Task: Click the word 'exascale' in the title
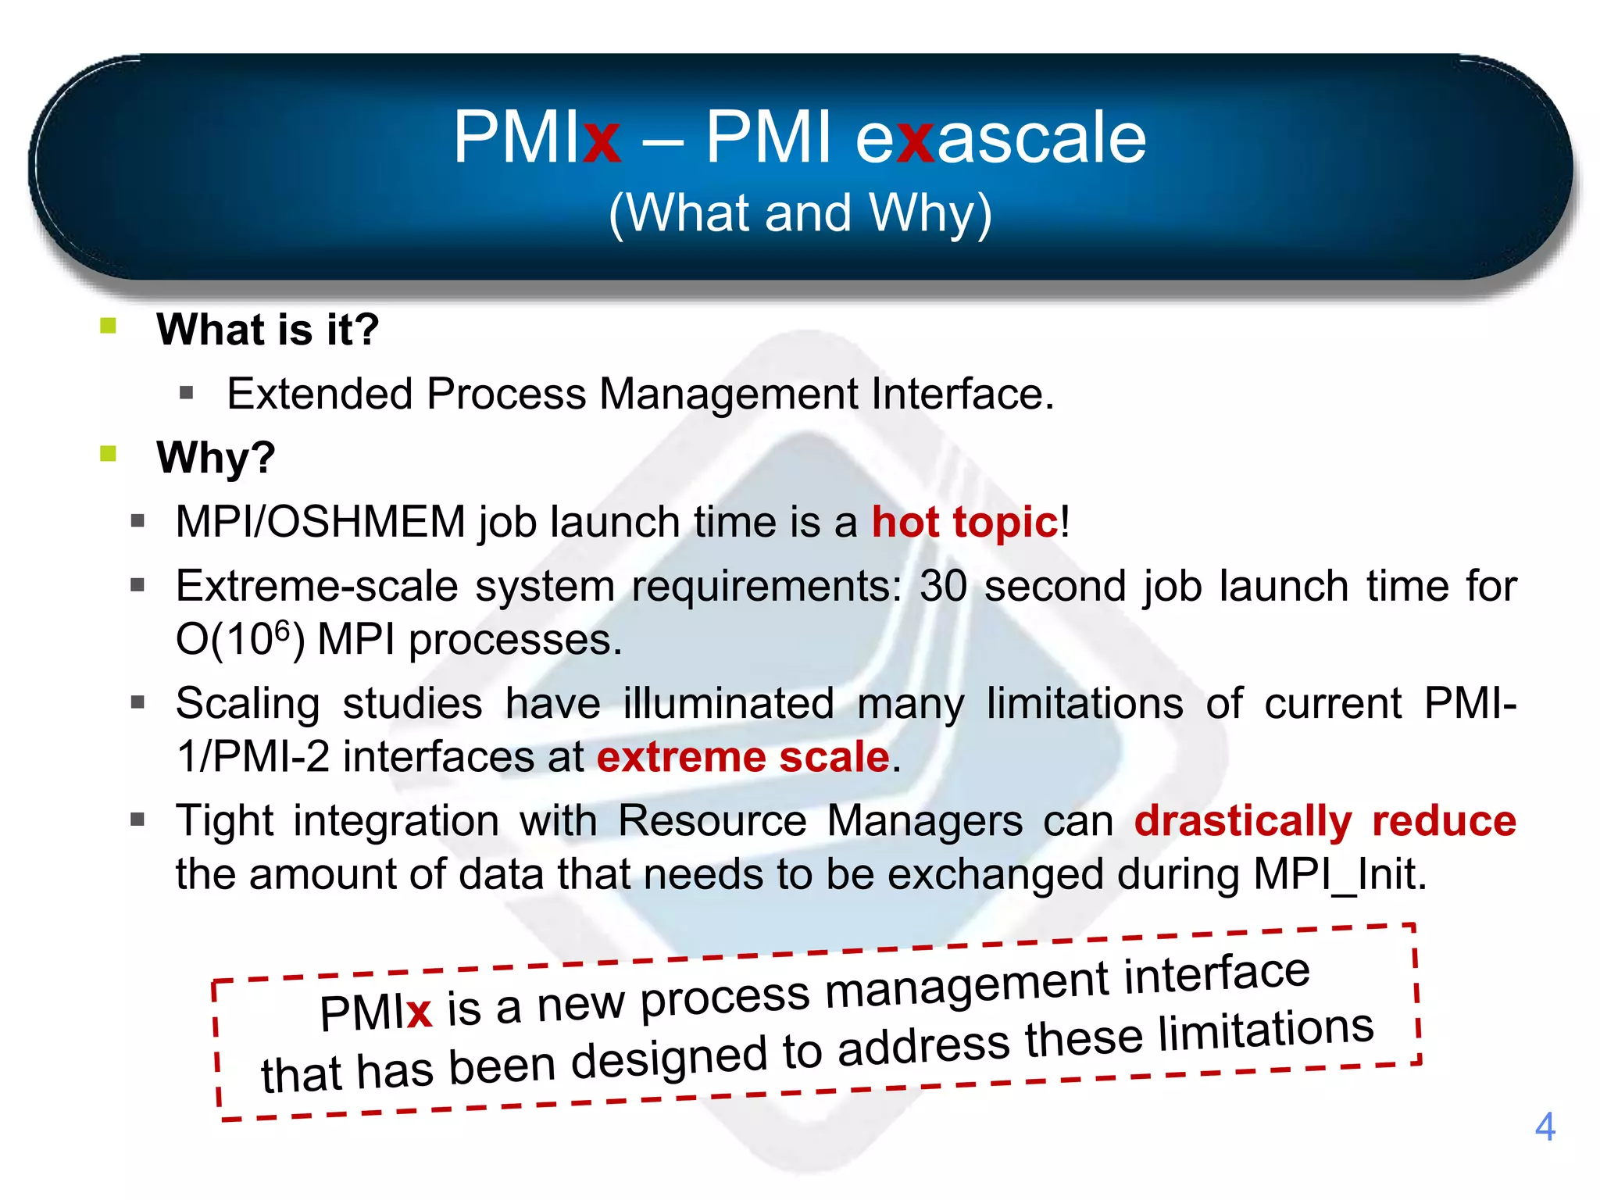pos(1001,137)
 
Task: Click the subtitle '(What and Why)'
pos(800,212)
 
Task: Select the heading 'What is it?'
pos(267,329)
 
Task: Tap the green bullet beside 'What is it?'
pos(109,326)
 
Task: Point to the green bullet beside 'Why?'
pos(109,453)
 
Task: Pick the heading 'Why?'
pos(216,457)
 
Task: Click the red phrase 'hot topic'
pos(964,522)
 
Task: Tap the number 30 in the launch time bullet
pos(944,586)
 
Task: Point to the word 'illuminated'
pos(728,703)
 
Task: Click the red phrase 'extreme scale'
pos(743,757)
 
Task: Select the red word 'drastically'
pos(1243,821)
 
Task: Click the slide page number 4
pos(1545,1127)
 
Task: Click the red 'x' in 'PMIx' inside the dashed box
pos(419,1012)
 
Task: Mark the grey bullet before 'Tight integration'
pos(138,820)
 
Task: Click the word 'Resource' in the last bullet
pos(712,821)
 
